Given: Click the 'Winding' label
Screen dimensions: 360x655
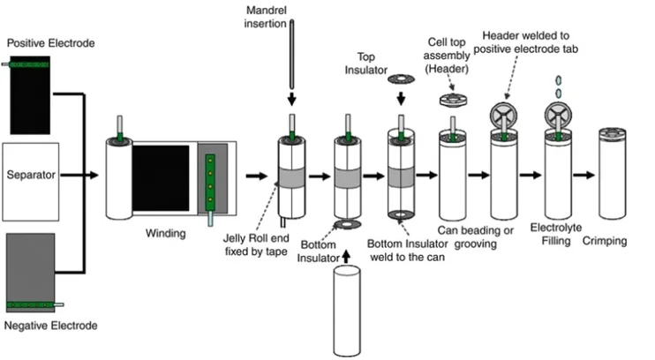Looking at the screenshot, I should click(x=166, y=234).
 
